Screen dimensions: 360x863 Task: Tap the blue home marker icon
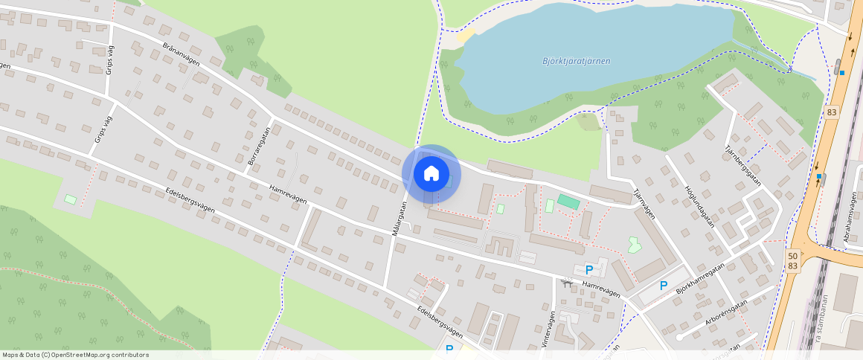tap(431, 174)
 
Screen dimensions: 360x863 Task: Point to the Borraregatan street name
tap(257, 145)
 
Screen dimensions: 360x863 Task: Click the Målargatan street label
tap(400, 219)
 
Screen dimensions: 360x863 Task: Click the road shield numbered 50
tap(793, 255)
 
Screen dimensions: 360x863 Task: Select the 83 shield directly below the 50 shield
tap(793, 266)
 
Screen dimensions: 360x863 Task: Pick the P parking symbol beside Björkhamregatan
tap(664, 286)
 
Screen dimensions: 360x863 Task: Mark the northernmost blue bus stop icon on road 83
tap(841, 72)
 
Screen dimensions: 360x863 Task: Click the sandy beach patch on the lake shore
tap(466, 36)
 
